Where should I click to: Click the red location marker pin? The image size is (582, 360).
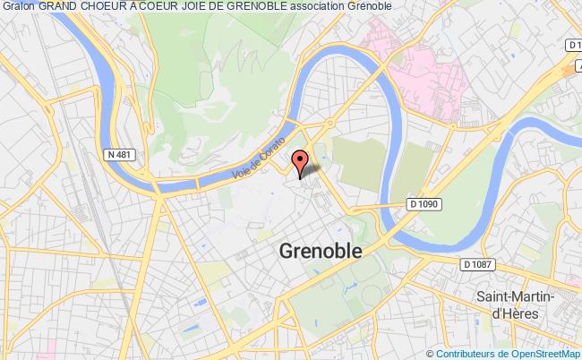pyautogui.click(x=301, y=162)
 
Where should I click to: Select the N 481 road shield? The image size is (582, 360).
pyautogui.click(x=120, y=154)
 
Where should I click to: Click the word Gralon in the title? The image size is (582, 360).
pyautogui.click(x=17, y=7)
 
